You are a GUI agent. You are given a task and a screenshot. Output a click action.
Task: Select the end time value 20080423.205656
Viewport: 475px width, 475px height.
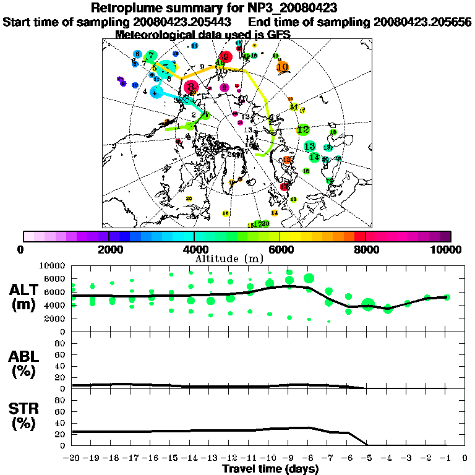pos(422,22)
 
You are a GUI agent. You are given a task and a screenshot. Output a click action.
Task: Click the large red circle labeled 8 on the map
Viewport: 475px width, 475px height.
pos(192,87)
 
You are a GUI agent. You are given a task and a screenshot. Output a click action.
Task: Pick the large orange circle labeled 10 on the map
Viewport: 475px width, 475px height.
pos(283,67)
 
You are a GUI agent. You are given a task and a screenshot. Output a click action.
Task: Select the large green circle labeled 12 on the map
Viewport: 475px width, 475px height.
pos(303,130)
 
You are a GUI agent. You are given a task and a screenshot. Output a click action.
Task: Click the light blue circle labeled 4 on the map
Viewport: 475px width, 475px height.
pos(156,93)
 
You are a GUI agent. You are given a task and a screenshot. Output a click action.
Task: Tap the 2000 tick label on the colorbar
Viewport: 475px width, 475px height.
pos(109,250)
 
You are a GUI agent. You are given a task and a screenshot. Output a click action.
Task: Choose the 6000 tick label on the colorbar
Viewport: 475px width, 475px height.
pos(280,250)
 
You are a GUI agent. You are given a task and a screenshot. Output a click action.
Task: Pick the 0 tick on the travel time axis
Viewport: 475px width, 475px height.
pos(466,458)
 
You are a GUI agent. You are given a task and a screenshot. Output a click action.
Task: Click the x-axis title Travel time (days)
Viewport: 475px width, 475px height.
pos(270,469)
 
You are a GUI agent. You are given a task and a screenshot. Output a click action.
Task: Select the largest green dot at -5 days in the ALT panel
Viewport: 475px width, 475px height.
pos(368,304)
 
